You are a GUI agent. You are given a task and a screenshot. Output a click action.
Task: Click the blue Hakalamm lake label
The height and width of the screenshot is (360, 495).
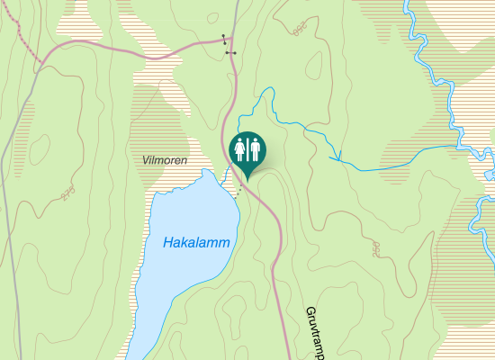tap(197, 243)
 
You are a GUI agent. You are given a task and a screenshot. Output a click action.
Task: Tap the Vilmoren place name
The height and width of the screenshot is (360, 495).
tap(165, 159)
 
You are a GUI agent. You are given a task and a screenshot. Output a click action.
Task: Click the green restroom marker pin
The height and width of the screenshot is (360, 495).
tap(246, 150)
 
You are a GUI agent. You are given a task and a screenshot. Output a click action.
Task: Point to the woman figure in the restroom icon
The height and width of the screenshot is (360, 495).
tap(238, 148)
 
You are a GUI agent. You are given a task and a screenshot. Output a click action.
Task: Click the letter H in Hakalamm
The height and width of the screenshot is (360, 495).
tap(168, 243)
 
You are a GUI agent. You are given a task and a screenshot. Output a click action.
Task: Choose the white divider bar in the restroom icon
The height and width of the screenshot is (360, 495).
tap(246, 148)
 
